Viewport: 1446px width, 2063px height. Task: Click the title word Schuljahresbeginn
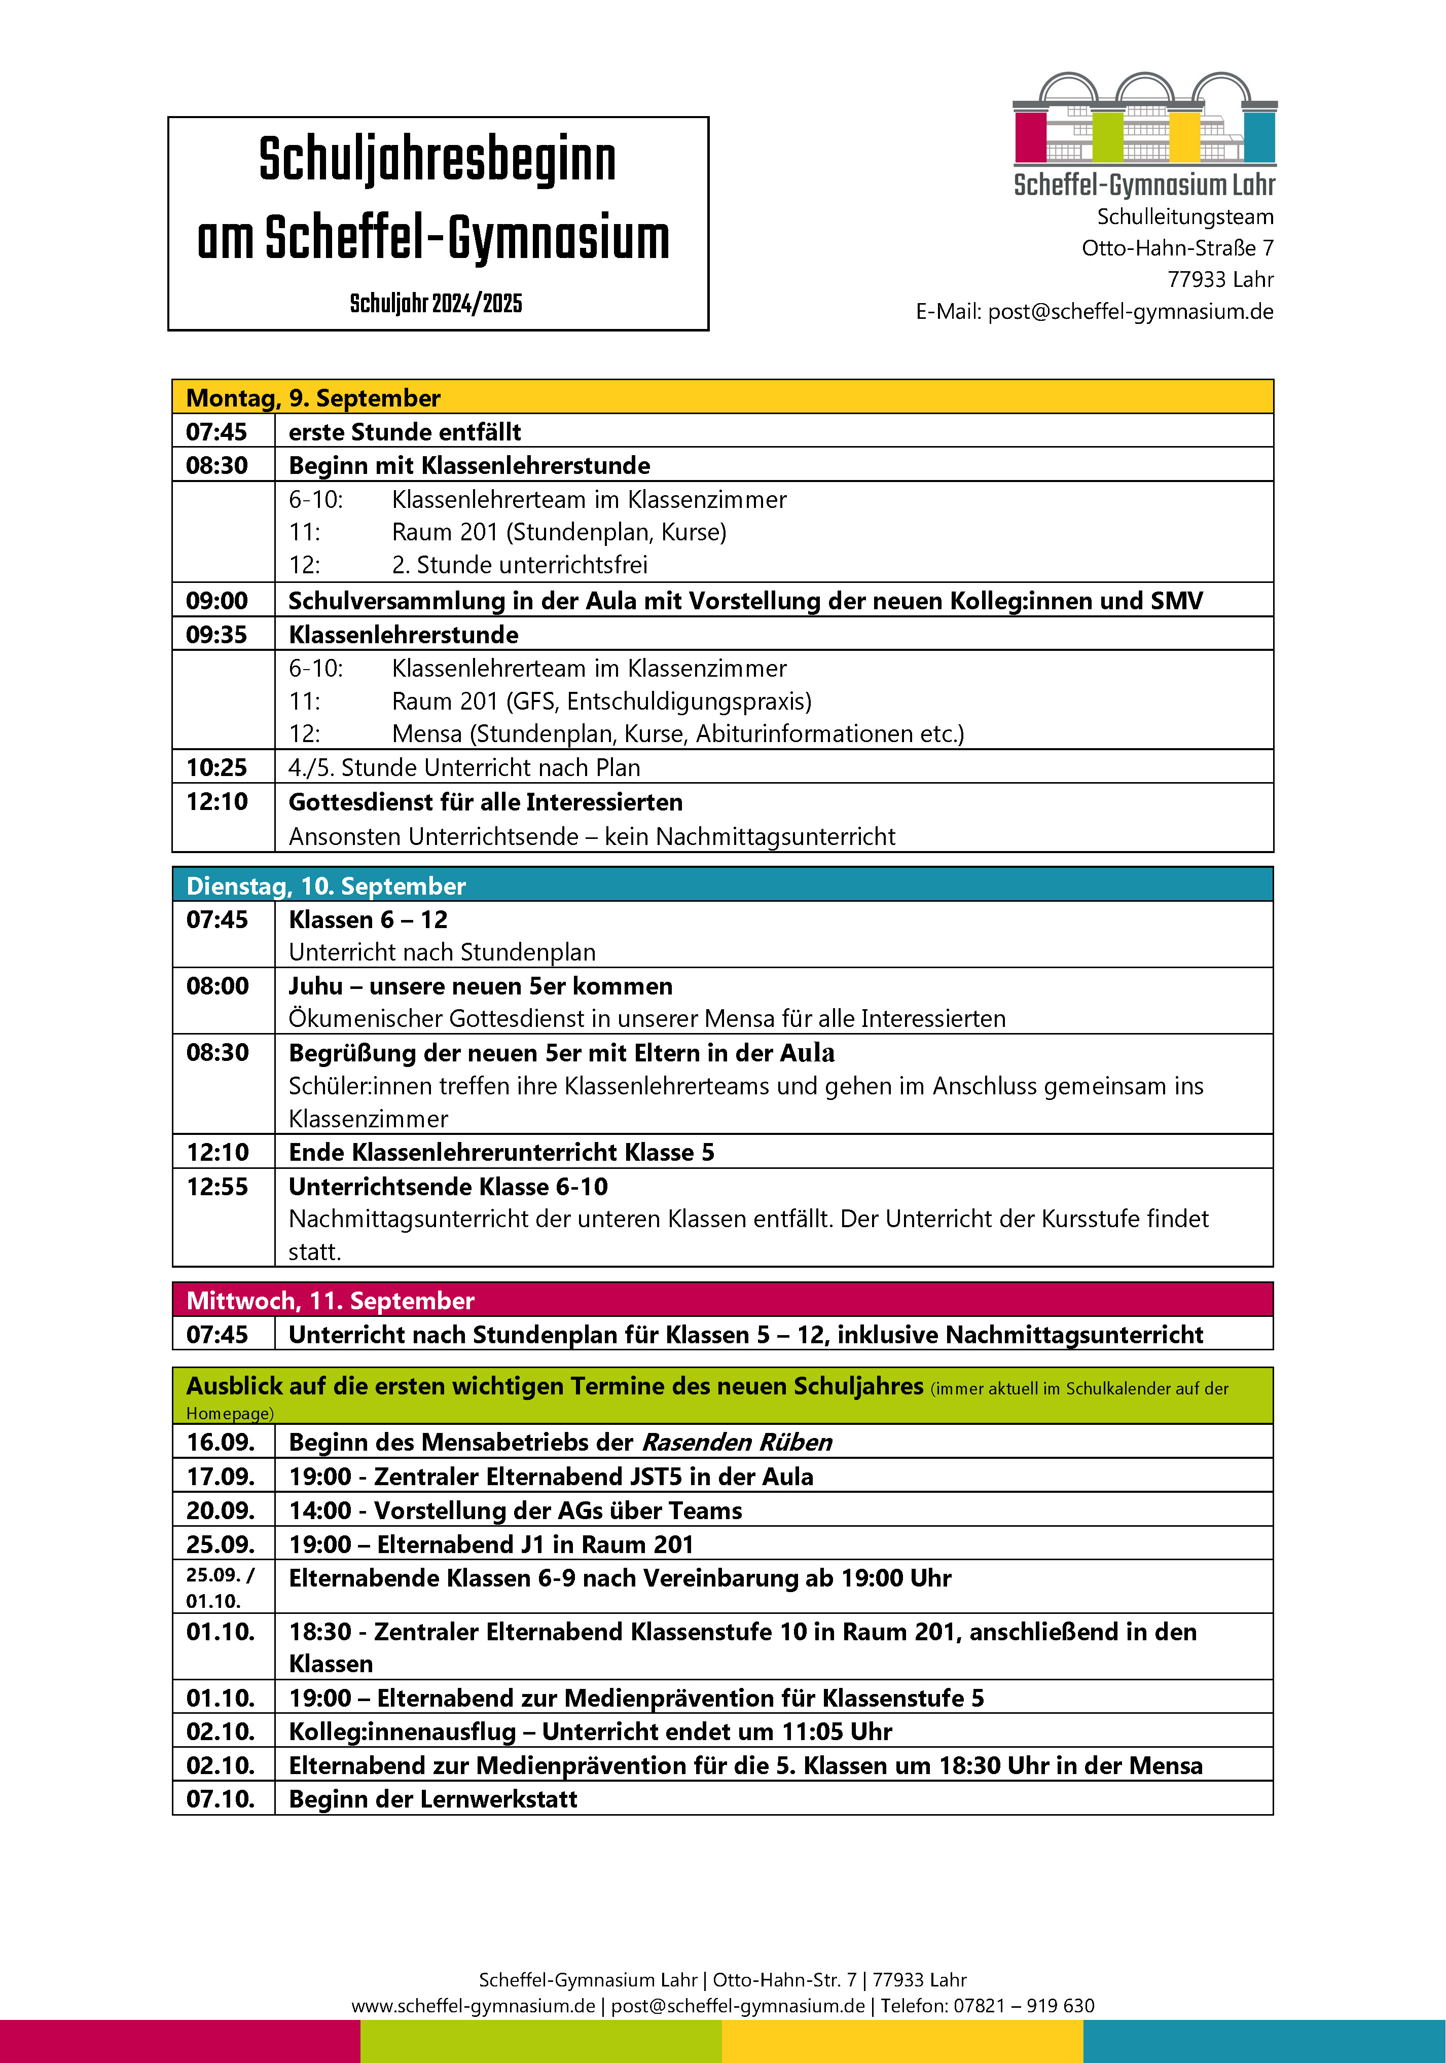[x=438, y=161]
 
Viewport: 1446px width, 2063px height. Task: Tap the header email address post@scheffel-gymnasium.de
[x=1131, y=312]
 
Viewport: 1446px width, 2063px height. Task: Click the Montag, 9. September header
[x=313, y=398]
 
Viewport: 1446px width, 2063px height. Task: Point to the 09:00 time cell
[x=216, y=600]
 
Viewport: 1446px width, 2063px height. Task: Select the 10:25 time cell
[x=216, y=767]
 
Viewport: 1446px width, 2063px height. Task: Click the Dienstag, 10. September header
[x=326, y=886]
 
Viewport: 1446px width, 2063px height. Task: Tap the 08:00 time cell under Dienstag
[x=218, y=986]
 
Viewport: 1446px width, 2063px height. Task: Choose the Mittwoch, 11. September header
[x=330, y=1300]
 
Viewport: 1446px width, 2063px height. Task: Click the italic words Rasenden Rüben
[x=737, y=1442]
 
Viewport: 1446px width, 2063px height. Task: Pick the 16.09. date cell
[x=220, y=1442]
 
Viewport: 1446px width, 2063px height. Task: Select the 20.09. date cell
[x=220, y=1511]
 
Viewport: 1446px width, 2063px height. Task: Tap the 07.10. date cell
[x=220, y=1799]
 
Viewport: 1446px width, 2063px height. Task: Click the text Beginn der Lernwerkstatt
[x=433, y=1799]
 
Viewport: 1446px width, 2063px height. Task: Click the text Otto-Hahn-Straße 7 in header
[x=1177, y=248]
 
